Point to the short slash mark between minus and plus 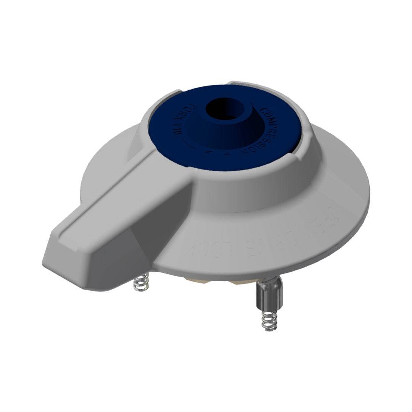tap(208, 151)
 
